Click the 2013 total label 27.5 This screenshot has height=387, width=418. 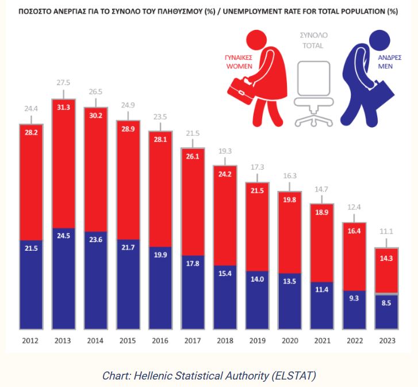pyautogui.click(x=63, y=83)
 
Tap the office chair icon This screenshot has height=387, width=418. pyautogui.click(x=313, y=91)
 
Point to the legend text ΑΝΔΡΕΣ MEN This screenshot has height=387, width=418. pyautogui.click(x=389, y=62)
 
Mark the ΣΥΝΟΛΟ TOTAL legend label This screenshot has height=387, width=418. pyautogui.click(x=313, y=40)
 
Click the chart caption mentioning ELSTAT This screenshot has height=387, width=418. pyautogui.click(x=209, y=375)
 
